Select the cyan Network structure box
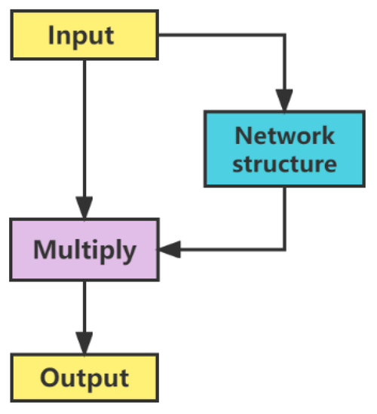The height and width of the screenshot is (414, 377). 284,149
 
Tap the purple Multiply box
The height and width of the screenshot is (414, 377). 84,250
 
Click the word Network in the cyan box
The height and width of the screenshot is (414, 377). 284,135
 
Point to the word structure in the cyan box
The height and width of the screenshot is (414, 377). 284,163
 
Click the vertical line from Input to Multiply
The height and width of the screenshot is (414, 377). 84,128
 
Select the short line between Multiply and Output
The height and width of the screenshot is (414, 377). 84,305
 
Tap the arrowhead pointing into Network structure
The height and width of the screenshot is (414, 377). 284,101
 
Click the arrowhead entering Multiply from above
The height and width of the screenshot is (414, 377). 84,209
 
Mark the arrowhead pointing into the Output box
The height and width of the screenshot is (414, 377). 84,342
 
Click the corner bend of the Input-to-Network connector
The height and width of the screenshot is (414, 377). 284,35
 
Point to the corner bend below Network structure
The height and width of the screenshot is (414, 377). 284,250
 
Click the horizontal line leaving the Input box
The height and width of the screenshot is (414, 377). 219,35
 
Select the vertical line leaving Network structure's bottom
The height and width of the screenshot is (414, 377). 284,218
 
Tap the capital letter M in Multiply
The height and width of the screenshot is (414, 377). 43,250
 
